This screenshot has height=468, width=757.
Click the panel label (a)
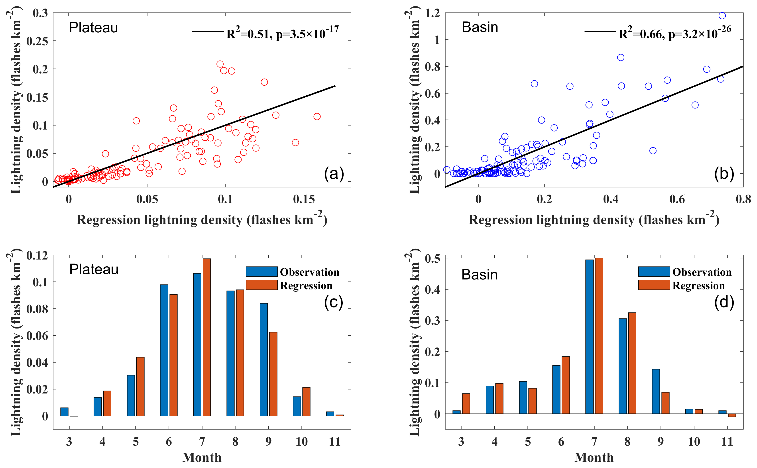pyautogui.click(x=334, y=174)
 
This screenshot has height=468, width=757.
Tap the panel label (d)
pyautogui.click(x=724, y=302)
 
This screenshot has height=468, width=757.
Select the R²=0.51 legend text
pyautogui.click(x=282, y=33)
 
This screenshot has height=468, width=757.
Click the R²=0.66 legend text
pyautogui.click(x=675, y=33)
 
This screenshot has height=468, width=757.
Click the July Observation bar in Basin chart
pyautogui.click(x=589, y=336)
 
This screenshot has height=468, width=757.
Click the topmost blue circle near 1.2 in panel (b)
pyautogui.click(x=722, y=16)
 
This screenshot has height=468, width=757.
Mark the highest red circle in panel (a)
pyautogui.click(x=220, y=64)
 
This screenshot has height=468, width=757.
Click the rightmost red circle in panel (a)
pyautogui.click(x=317, y=116)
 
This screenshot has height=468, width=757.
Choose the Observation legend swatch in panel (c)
pyautogui.click(x=262, y=271)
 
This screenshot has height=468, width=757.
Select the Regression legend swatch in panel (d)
pyautogui.click(x=654, y=285)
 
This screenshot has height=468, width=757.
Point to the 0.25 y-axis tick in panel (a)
pyautogui.click(x=37, y=41)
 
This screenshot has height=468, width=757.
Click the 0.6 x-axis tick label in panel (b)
pyautogui.click(x=677, y=199)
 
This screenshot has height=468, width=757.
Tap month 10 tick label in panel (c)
pyautogui.click(x=301, y=441)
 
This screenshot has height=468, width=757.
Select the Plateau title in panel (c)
pyautogui.click(x=94, y=269)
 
